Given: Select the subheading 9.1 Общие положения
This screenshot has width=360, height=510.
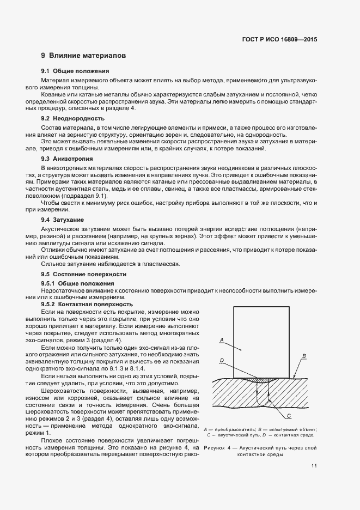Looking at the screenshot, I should coord(75,71).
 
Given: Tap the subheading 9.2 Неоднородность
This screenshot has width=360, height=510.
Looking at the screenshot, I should coord(74,118).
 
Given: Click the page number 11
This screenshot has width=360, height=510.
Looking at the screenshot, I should coord(315,466).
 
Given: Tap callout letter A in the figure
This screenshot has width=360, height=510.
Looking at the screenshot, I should coord(222,339).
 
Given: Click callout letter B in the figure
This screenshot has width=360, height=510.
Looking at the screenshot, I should coord(304,356).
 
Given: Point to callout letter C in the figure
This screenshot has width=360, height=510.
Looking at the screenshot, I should coord(289,415).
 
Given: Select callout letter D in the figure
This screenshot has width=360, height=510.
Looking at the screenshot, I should coord(222,361).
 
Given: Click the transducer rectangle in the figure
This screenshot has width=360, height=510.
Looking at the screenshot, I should coord(264,338).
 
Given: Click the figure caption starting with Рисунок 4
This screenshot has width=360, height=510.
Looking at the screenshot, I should coord(260,451).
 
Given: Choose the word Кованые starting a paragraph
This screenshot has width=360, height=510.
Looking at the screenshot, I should coord(53,94).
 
